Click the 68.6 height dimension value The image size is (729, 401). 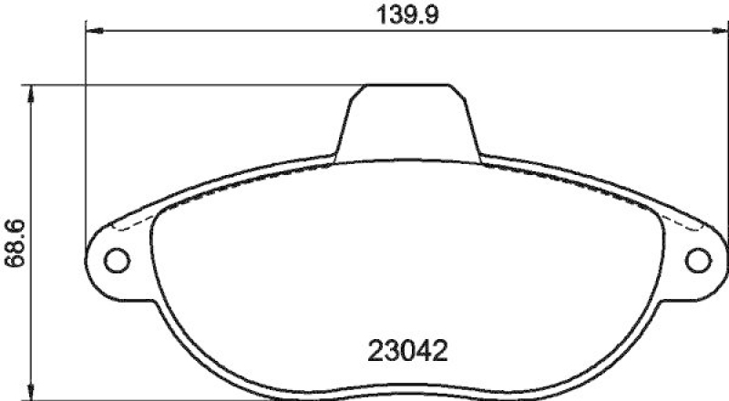(x=14, y=242)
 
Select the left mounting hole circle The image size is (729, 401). (x=116, y=261)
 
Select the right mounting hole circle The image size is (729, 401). (x=698, y=261)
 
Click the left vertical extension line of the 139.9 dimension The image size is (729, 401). (x=87, y=137)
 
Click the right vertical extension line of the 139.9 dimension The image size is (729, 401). (x=724, y=137)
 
